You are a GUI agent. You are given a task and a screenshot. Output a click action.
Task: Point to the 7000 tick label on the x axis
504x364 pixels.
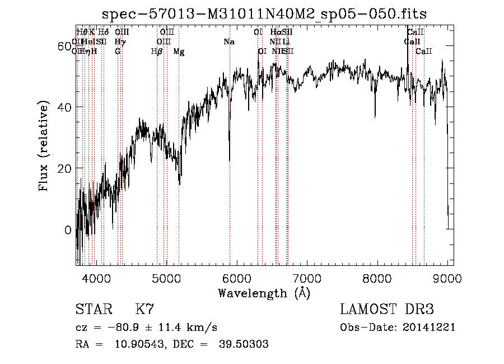(307, 278)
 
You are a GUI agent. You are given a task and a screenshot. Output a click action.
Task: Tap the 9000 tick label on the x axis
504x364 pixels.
(447, 278)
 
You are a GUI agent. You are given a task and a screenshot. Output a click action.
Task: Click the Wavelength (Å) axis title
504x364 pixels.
(264, 293)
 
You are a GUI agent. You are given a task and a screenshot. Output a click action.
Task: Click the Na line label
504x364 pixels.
(229, 42)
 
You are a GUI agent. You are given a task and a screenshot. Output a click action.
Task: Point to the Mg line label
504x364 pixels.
(179, 52)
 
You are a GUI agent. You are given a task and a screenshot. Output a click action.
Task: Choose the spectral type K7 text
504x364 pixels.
(144, 310)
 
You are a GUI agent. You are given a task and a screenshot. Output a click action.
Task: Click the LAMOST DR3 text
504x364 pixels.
(387, 310)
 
